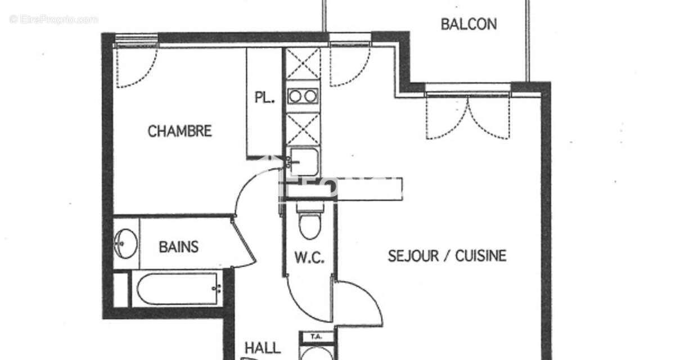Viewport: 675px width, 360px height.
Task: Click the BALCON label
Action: click(x=469, y=24)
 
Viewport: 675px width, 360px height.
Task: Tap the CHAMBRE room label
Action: click(x=179, y=132)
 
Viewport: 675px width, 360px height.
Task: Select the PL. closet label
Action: click(x=264, y=97)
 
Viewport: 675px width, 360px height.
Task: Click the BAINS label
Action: click(x=178, y=246)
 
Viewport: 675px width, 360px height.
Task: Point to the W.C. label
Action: click(x=309, y=258)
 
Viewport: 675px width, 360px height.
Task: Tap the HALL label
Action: click(x=262, y=348)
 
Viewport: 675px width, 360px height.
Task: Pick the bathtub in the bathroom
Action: click(x=177, y=290)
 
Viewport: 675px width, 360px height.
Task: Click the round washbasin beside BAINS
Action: click(x=125, y=244)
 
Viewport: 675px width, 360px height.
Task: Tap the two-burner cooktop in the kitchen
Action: click(x=303, y=96)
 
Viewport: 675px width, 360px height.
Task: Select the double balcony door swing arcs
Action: click(x=468, y=117)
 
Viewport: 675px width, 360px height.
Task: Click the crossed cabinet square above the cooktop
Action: click(x=303, y=64)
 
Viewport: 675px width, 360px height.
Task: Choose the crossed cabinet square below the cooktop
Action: click(x=303, y=129)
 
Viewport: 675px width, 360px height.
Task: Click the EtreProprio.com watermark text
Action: click(x=54, y=19)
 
